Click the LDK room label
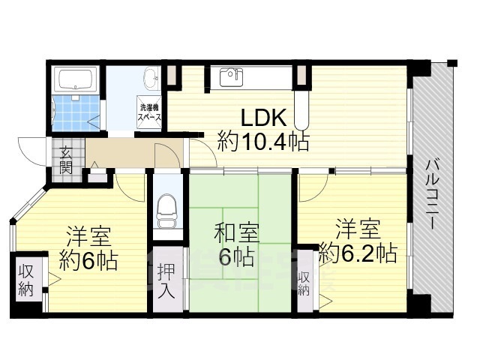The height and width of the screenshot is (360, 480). [264, 117]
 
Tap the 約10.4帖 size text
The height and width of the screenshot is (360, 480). [263, 141]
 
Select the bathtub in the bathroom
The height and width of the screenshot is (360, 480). [76, 79]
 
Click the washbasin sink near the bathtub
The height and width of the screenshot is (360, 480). [151, 78]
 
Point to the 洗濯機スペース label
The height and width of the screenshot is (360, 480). [149, 112]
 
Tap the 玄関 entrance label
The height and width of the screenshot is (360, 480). [66, 160]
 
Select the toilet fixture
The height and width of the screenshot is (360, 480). [166, 211]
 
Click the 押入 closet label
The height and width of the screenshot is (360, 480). [166, 280]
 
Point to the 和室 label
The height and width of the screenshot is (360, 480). [237, 234]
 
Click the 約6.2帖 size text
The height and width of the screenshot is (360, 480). [358, 253]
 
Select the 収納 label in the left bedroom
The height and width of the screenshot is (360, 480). [25, 280]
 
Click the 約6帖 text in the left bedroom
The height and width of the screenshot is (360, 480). [88, 260]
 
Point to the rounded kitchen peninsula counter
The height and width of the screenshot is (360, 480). [301, 110]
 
